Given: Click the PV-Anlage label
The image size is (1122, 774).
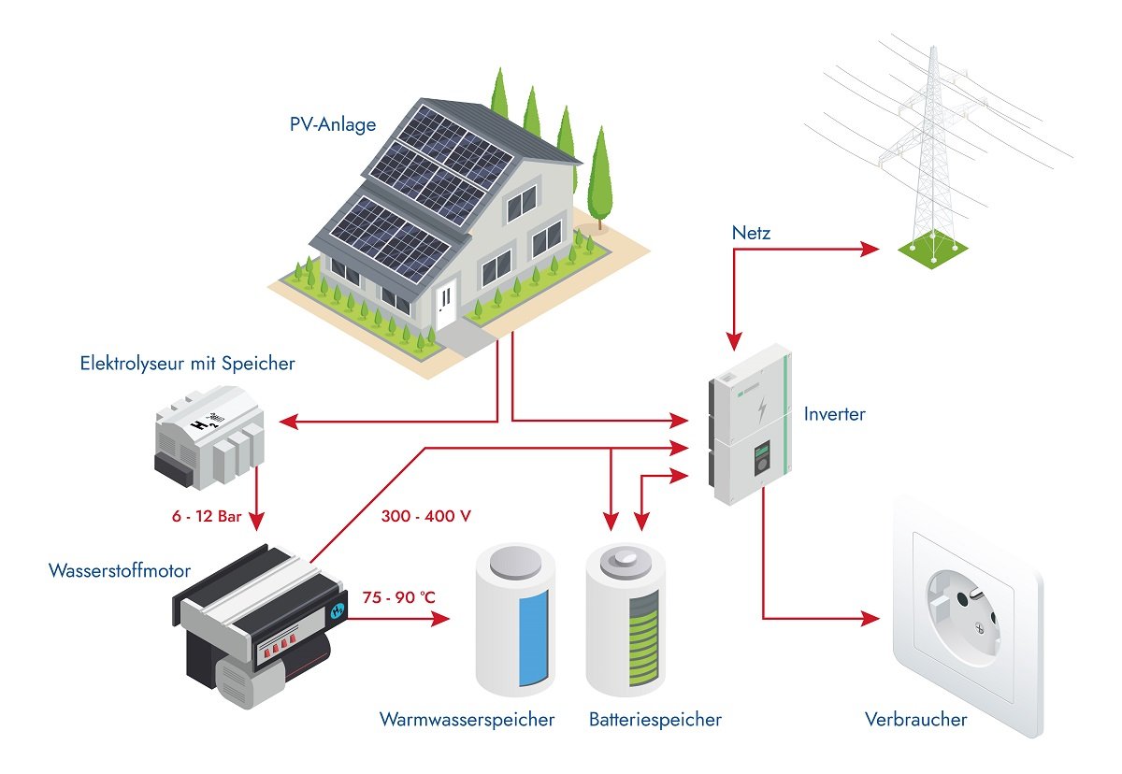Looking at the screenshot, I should (333, 122).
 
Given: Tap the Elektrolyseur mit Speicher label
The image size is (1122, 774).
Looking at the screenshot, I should (187, 364).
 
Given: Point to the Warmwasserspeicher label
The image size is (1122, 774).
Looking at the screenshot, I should (467, 720).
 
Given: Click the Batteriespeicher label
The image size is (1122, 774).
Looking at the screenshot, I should (655, 720).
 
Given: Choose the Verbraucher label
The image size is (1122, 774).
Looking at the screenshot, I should (915, 720).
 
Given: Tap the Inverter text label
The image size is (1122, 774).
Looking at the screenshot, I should (834, 413).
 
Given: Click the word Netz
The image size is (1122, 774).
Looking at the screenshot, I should (751, 233).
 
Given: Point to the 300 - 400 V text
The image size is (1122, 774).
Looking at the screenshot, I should (425, 515).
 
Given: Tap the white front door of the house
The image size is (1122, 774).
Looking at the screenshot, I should (446, 304).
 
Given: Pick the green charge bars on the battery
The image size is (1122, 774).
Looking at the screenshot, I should (641, 641).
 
